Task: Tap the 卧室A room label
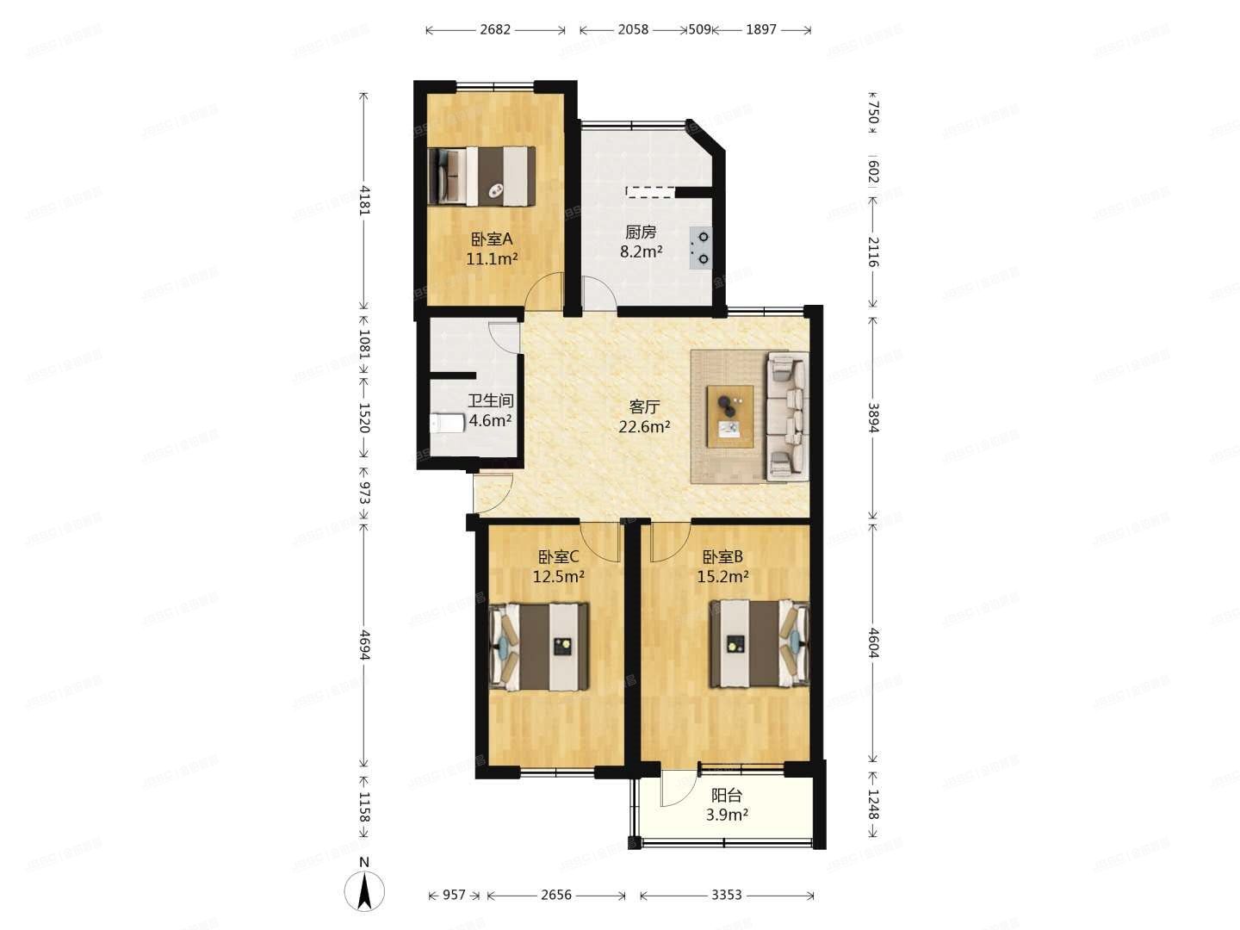pyautogui.click(x=492, y=239)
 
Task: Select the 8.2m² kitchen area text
pyautogui.click(x=642, y=252)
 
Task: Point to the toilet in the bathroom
pyautogui.click(x=446, y=423)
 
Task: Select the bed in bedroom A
pyautogui.click(x=482, y=176)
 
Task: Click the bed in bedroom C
pyautogui.click(x=539, y=646)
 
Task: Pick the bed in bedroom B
pyautogui.click(x=759, y=643)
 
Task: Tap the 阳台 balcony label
pyautogui.click(x=727, y=796)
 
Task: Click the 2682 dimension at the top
pyautogui.click(x=495, y=29)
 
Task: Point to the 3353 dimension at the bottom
pyautogui.click(x=726, y=895)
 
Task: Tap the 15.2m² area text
pyautogui.click(x=722, y=577)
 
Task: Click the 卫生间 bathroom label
pyautogui.click(x=491, y=400)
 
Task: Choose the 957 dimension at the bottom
pyautogui.click(x=455, y=895)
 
